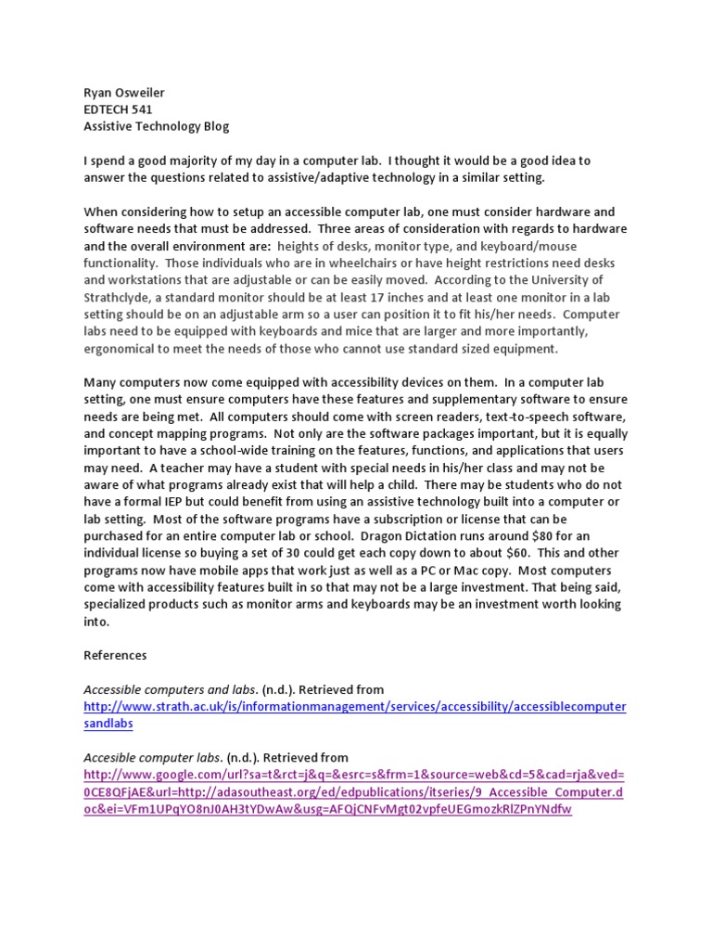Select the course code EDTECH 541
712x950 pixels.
119,109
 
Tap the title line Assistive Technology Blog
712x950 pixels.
156,126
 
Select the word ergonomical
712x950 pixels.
122,349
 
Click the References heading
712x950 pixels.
115,655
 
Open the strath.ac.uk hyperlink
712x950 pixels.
354,707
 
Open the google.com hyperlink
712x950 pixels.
354,775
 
